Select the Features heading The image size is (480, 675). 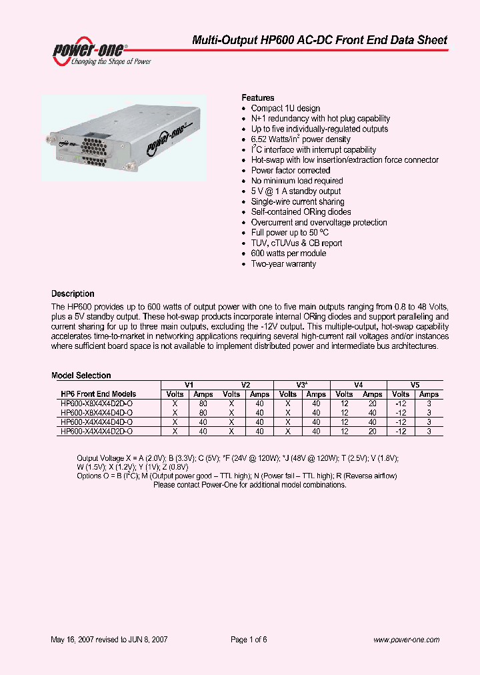(257, 97)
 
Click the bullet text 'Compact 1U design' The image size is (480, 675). (285, 108)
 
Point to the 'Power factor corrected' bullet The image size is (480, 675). (290, 171)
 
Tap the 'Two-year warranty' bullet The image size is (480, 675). (283, 264)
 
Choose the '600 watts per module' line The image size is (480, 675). (288, 253)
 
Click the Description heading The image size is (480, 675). (73, 293)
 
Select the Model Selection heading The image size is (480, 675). (81, 376)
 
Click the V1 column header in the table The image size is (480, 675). (189, 385)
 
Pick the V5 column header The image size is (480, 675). (415, 385)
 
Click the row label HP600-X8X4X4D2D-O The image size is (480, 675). (97, 404)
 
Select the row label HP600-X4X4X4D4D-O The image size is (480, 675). (97, 422)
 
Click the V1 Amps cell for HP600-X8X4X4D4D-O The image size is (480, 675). (203, 413)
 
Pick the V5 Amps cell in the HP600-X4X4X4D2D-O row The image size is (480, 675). (429, 432)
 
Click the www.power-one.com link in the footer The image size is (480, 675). (406, 639)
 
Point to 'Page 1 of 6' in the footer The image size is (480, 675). (248, 639)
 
